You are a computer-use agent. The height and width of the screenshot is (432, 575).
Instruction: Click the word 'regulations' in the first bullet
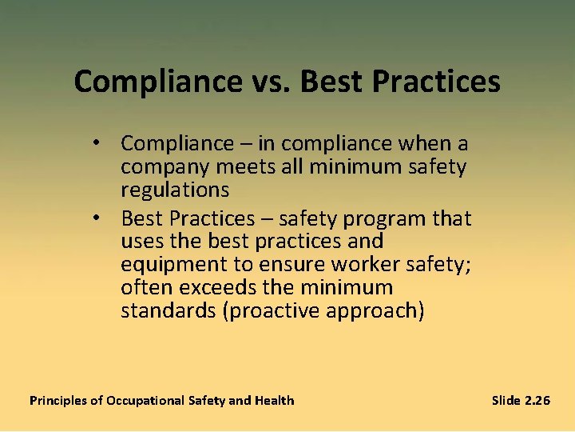point(175,190)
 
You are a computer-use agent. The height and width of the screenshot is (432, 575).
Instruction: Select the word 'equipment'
point(167,264)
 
